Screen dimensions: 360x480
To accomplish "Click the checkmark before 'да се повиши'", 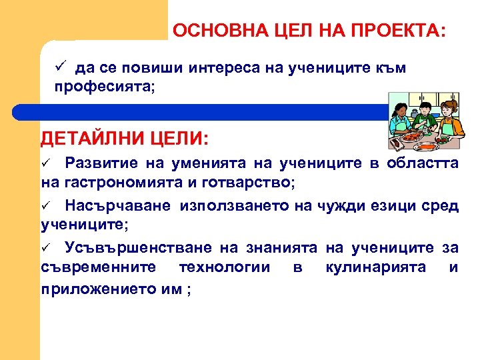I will point(60,67).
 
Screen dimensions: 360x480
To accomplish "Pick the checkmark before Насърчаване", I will point(47,206).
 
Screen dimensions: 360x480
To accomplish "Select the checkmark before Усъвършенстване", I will point(47,249).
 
